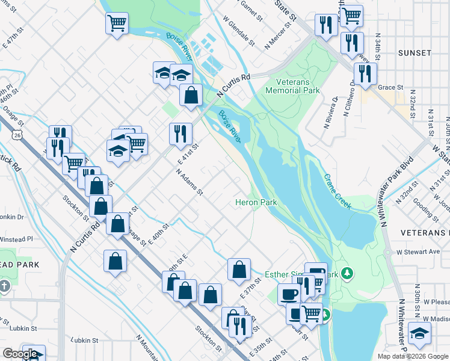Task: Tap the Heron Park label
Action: [256, 203]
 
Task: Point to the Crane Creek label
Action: [337, 191]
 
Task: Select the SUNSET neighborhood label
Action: [415, 53]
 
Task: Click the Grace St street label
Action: [390, 87]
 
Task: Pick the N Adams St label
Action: [190, 182]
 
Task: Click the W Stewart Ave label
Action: [419, 251]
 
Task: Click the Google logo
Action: [20, 354]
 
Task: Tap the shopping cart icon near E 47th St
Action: [117, 23]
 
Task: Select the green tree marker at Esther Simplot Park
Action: [347, 274]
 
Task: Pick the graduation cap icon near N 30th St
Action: [419, 333]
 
